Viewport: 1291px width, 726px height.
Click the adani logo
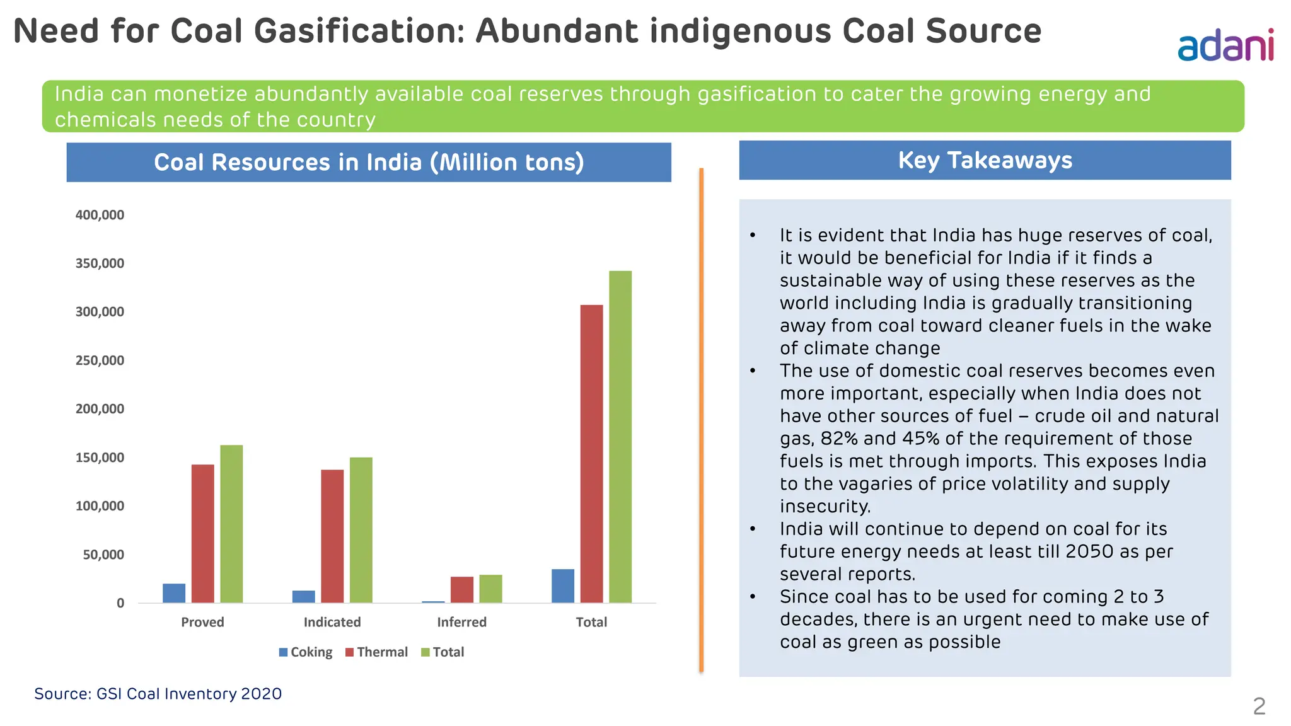[x=1225, y=45]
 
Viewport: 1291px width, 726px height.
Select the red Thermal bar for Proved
[x=202, y=533]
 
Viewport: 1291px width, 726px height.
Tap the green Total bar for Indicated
[x=361, y=529]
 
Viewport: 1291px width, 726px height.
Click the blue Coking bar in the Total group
[x=562, y=585]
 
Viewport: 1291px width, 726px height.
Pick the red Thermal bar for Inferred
[x=461, y=589]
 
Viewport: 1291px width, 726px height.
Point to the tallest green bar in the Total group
[x=620, y=436]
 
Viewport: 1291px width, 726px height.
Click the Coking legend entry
[x=306, y=652]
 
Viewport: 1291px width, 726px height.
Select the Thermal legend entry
[x=376, y=652]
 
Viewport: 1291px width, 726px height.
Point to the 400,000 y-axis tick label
[x=100, y=215]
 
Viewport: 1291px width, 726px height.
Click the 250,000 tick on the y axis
[x=100, y=360]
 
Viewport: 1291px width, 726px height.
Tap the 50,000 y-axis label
[x=103, y=555]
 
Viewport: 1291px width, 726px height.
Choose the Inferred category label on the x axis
[x=461, y=622]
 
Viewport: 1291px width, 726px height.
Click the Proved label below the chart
[x=202, y=622]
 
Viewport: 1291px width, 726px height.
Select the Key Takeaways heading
[x=985, y=160]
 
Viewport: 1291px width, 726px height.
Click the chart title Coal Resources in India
[x=369, y=163]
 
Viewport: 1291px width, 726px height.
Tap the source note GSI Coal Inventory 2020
[x=158, y=694]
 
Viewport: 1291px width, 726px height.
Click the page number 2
[x=1259, y=706]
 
